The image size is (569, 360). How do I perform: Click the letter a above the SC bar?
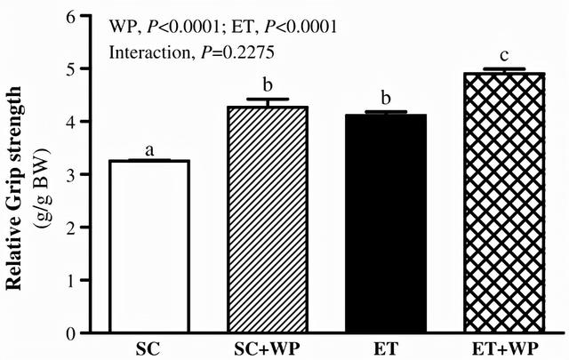pyautogui.click(x=149, y=150)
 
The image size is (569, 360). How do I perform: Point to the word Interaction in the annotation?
pyautogui.click(x=142, y=52)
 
